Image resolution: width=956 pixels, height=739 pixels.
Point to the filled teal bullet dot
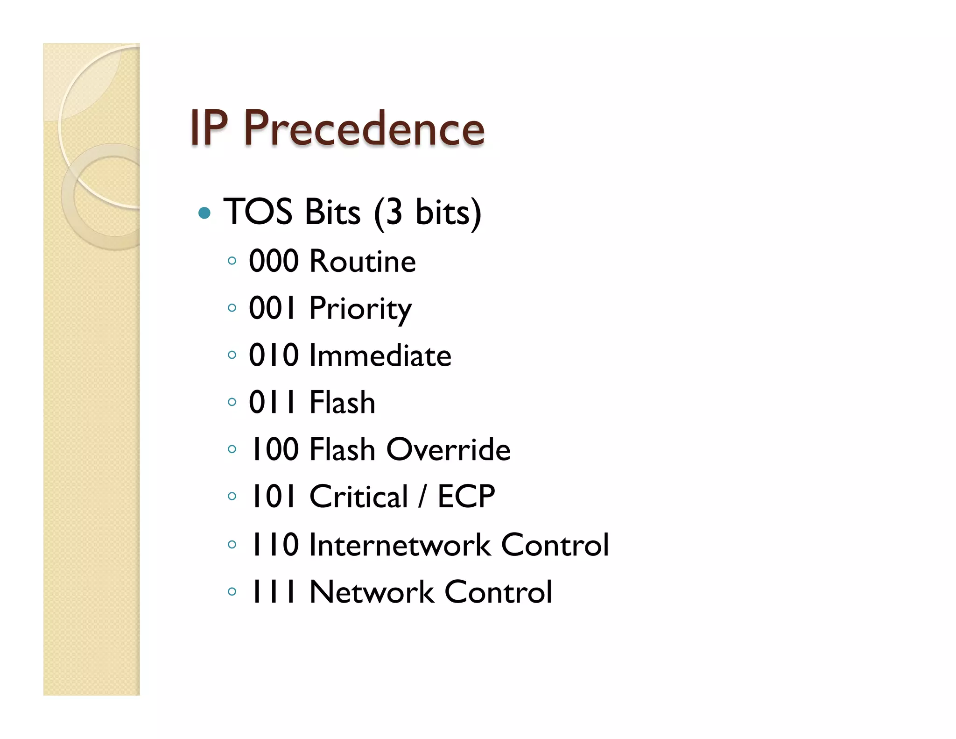click(x=204, y=213)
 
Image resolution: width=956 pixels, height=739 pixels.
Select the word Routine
click(x=362, y=261)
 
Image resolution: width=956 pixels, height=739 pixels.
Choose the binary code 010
click(x=274, y=355)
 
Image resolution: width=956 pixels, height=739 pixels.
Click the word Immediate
click(x=380, y=355)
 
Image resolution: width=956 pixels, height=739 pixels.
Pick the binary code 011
click(x=273, y=402)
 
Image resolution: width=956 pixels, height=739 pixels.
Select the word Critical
click(x=358, y=497)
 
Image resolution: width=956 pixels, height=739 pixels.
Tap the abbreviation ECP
click(x=466, y=497)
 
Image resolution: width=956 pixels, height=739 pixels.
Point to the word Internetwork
click(x=400, y=545)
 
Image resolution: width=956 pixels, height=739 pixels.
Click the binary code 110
click(x=274, y=545)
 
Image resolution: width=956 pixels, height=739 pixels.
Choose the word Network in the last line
click(x=372, y=592)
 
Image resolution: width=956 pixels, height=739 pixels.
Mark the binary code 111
click(x=274, y=592)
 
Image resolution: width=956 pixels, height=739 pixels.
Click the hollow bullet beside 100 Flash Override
click(x=232, y=449)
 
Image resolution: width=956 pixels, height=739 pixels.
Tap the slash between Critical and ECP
click(x=422, y=497)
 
